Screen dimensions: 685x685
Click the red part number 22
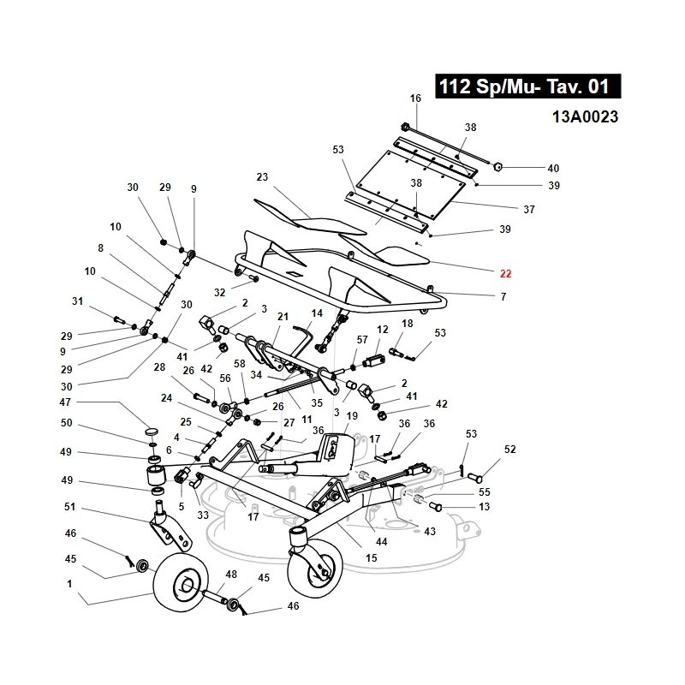point(505,274)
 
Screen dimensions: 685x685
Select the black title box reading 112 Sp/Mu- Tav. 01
point(527,86)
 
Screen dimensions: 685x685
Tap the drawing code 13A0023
point(585,117)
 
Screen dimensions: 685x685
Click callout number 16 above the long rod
point(415,98)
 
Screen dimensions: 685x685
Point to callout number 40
point(553,168)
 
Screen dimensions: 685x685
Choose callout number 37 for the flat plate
point(529,210)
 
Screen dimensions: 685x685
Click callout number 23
point(262,177)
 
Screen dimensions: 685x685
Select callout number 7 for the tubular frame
point(503,297)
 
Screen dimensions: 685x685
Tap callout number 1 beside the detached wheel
point(69,584)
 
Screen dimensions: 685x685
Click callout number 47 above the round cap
point(65,402)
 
